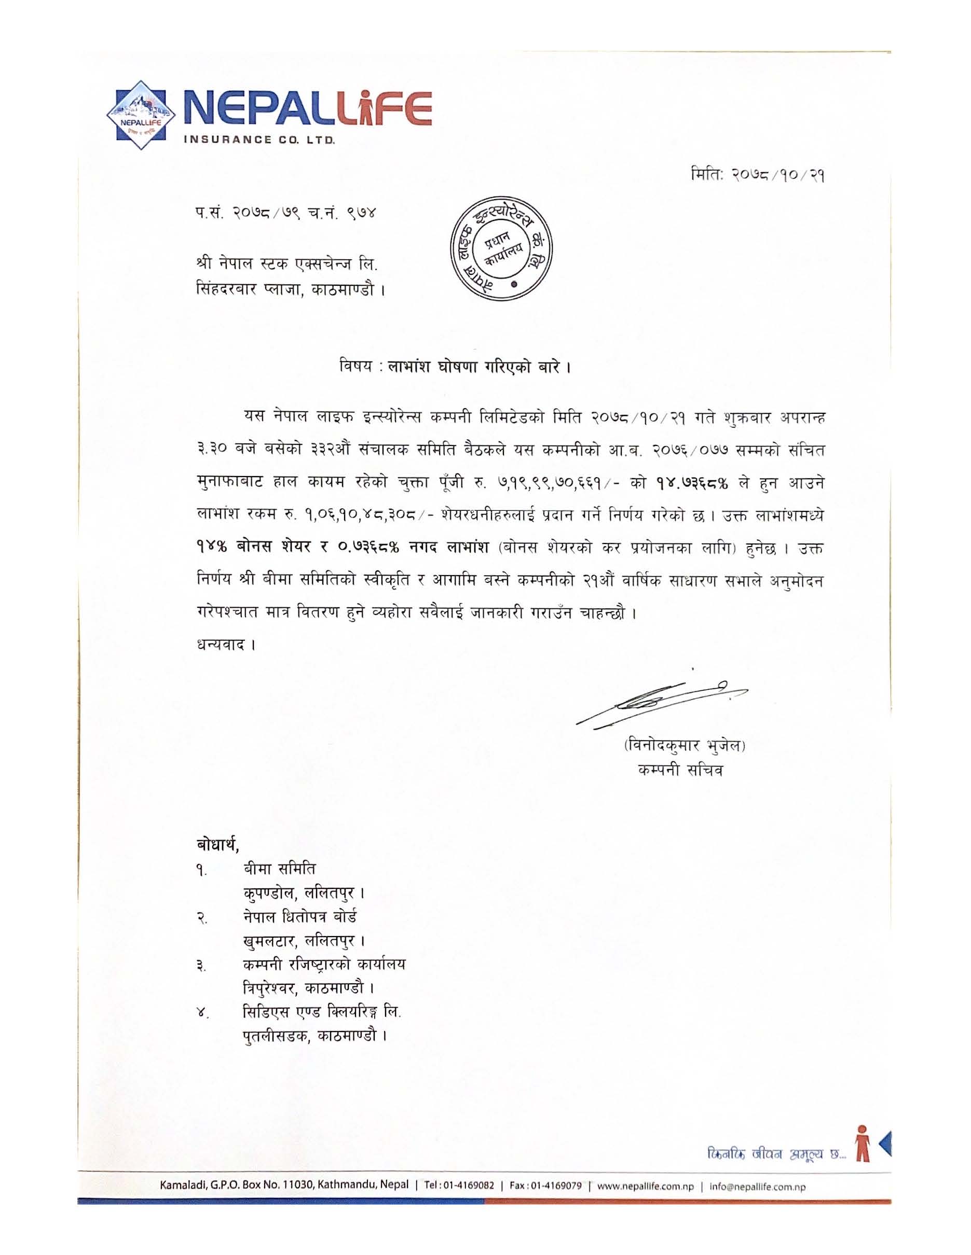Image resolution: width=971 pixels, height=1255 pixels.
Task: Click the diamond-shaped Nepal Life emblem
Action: (141, 115)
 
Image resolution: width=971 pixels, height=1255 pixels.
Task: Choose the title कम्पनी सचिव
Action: (681, 771)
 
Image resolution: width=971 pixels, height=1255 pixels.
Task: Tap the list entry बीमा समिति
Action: (279, 868)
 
